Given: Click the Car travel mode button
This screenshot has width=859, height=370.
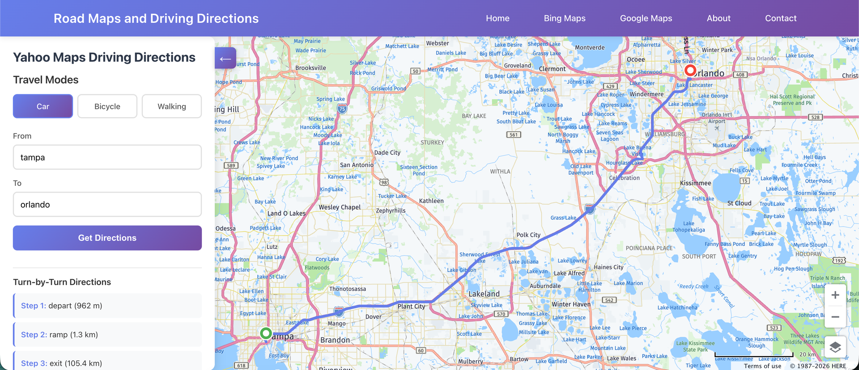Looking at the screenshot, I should click(43, 106).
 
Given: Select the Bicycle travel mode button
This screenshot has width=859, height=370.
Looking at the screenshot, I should click(107, 106).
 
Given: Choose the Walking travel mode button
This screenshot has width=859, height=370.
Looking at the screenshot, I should click(172, 106).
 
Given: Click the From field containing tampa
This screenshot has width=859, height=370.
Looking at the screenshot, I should click(107, 157).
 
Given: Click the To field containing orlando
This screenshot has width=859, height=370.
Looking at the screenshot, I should click(107, 205).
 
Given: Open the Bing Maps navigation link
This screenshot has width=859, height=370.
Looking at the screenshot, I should click(565, 18).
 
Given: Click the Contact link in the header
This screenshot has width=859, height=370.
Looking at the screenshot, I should click(781, 18).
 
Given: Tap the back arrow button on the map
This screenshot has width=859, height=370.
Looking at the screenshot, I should click(225, 59).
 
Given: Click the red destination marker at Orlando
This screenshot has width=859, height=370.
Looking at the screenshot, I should click(690, 70).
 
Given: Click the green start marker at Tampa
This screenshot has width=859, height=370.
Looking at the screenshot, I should click(266, 333).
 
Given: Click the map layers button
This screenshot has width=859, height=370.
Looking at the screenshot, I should click(835, 347).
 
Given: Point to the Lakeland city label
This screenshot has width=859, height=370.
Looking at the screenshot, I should click(484, 294).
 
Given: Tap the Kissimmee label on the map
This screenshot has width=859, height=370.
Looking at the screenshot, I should click(695, 183).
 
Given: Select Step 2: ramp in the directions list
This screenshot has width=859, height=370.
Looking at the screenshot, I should click(107, 335).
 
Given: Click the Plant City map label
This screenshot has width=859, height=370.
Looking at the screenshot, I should click(411, 307).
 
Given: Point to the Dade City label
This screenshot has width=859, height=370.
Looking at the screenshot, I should click(387, 153).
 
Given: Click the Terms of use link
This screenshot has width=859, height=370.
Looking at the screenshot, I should click(762, 366).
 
